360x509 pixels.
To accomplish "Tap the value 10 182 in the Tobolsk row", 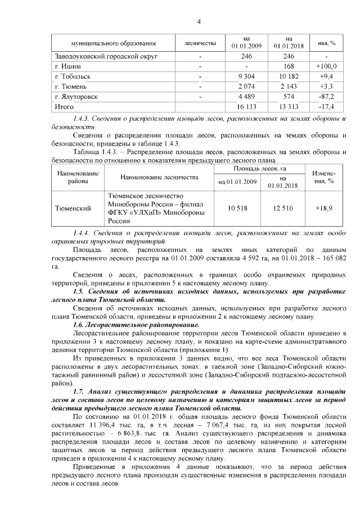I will [286, 76].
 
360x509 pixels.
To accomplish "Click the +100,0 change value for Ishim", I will [326, 66].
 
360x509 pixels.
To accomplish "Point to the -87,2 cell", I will [326, 97].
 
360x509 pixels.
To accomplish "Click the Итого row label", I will [63, 107].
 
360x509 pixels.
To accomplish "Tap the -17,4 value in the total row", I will [326, 107].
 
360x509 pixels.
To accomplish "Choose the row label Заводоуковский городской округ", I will [105, 56].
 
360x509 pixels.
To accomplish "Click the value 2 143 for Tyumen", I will [286, 87].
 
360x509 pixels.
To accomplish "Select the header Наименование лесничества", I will [159, 177].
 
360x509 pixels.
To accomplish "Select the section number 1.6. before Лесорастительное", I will [80, 326].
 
